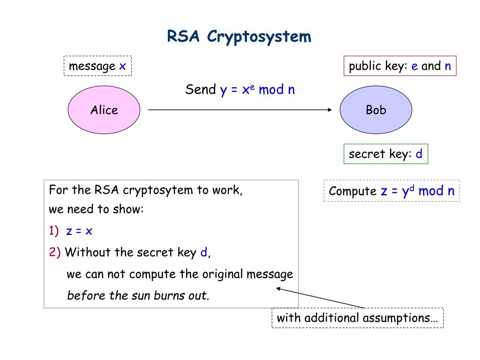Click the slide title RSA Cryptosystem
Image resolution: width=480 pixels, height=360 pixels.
(239, 36)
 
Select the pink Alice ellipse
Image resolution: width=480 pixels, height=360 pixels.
(104, 110)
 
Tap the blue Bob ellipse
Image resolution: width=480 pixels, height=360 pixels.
(376, 110)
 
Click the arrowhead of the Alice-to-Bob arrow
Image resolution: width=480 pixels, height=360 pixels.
(329, 110)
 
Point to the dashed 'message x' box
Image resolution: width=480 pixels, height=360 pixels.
(97, 66)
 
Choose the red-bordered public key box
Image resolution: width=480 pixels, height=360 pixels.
(400, 66)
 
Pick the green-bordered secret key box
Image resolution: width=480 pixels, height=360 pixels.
(386, 154)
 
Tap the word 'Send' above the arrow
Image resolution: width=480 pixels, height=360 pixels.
(201, 90)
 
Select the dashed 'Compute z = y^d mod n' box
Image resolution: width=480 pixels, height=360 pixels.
(391, 191)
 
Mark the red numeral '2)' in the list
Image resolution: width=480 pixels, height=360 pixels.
(55, 253)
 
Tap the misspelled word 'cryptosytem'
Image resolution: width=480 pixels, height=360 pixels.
(154, 191)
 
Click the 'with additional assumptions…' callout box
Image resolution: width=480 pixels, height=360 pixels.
(357, 318)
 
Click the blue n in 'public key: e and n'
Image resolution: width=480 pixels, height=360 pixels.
(448, 66)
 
